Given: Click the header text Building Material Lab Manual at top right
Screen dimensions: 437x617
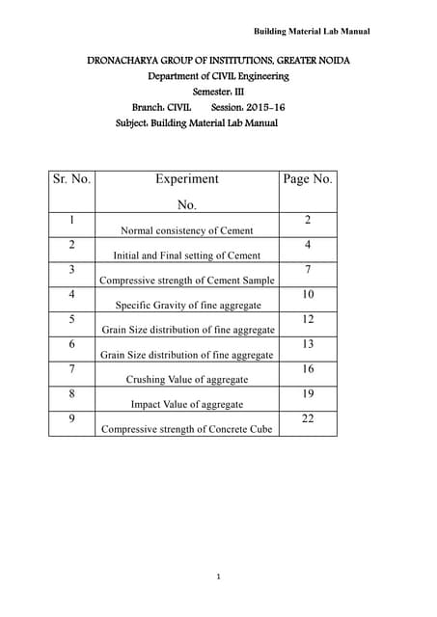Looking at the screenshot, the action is [x=311, y=32].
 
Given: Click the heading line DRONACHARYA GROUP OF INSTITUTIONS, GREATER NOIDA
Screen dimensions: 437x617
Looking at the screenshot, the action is [x=219, y=61].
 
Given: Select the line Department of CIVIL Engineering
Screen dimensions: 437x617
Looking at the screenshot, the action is [x=218, y=76].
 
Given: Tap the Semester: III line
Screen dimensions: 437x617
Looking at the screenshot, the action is [x=218, y=92].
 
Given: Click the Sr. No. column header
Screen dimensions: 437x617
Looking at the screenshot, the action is [x=71, y=179].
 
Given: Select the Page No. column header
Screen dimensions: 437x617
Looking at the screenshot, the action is [x=308, y=179].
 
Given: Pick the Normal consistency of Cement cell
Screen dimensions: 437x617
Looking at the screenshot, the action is [x=186, y=230].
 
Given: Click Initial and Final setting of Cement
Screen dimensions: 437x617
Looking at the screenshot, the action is [x=186, y=255].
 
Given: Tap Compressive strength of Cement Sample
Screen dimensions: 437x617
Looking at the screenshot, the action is [x=186, y=281].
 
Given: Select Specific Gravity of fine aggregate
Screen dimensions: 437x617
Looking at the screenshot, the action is [x=186, y=306].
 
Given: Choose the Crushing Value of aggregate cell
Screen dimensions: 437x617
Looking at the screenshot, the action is [x=186, y=380].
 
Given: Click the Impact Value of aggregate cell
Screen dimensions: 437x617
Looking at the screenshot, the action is [x=186, y=405].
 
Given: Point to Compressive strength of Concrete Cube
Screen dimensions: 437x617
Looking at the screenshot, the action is [x=186, y=429].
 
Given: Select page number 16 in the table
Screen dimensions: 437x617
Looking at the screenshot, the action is [x=308, y=369].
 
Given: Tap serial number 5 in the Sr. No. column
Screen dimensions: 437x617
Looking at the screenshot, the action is [x=71, y=319].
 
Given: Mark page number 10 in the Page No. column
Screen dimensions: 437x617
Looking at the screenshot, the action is [x=308, y=294].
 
